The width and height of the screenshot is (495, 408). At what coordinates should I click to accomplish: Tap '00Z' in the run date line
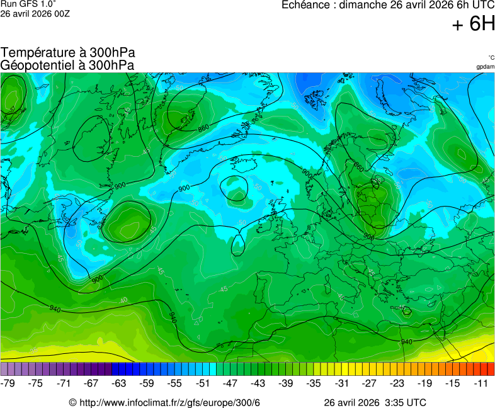tap(62, 13)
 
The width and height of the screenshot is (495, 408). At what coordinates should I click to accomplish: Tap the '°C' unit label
tap(491, 57)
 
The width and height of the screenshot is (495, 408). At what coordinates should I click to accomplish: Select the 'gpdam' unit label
tap(485, 66)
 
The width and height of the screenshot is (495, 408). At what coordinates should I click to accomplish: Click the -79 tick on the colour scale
tap(9, 383)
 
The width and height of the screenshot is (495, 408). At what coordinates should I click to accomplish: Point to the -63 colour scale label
tap(119, 383)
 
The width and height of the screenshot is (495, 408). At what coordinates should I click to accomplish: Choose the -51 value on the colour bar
tap(202, 383)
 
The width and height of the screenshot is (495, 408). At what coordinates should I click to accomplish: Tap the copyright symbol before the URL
tap(72, 402)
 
